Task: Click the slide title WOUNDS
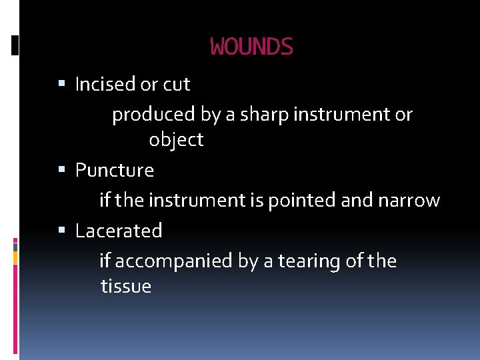(251, 47)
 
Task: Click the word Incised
(105, 85)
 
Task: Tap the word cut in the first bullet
(177, 85)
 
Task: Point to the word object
(176, 140)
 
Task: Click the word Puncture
(115, 171)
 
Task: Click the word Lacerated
(119, 231)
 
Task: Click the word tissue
(126, 287)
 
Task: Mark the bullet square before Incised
(62, 85)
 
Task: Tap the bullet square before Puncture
(62, 170)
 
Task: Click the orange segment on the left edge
(16, 256)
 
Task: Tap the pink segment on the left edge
(16, 243)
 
